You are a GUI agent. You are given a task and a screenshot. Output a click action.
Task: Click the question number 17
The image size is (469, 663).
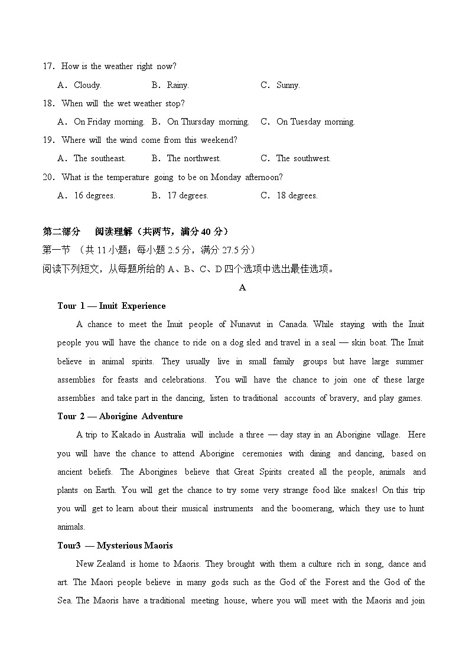click(48, 67)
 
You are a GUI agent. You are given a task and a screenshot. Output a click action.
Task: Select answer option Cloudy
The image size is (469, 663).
click(87, 85)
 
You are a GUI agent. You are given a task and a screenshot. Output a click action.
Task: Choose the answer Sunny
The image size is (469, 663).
click(288, 85)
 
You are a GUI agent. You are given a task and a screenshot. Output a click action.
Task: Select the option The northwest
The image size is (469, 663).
click(194, 159)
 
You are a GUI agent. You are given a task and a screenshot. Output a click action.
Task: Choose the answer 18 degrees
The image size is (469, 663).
click(297, 196)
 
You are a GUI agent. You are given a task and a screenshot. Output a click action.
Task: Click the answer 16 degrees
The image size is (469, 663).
click(94, 196)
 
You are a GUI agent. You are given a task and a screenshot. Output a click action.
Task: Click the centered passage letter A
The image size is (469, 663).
click(242, 288)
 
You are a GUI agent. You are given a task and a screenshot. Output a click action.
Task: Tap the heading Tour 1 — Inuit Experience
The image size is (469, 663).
click(112, 306)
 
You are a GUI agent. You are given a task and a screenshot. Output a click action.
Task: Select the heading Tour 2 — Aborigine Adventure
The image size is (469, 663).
click(120, 416)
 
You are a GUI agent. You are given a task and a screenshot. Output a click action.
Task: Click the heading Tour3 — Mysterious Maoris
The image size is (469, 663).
click(115, 546)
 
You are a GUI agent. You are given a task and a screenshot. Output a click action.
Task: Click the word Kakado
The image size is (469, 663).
click(125, 435)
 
